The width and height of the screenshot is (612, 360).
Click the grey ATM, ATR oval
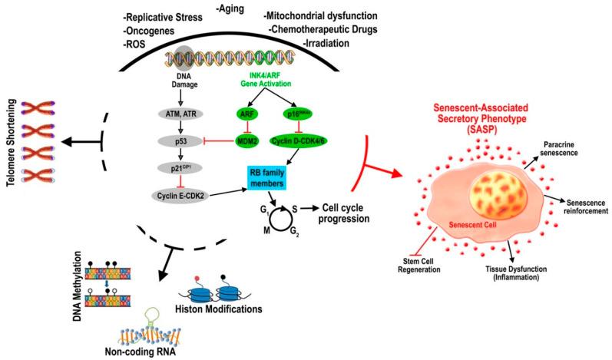coord(182,113)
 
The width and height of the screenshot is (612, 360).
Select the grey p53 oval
coord(182,142)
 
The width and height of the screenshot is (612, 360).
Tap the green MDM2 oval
coord(246,142)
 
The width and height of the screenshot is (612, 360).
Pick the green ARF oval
coord(246,113)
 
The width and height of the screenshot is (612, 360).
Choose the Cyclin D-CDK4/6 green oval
coord(306,142)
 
